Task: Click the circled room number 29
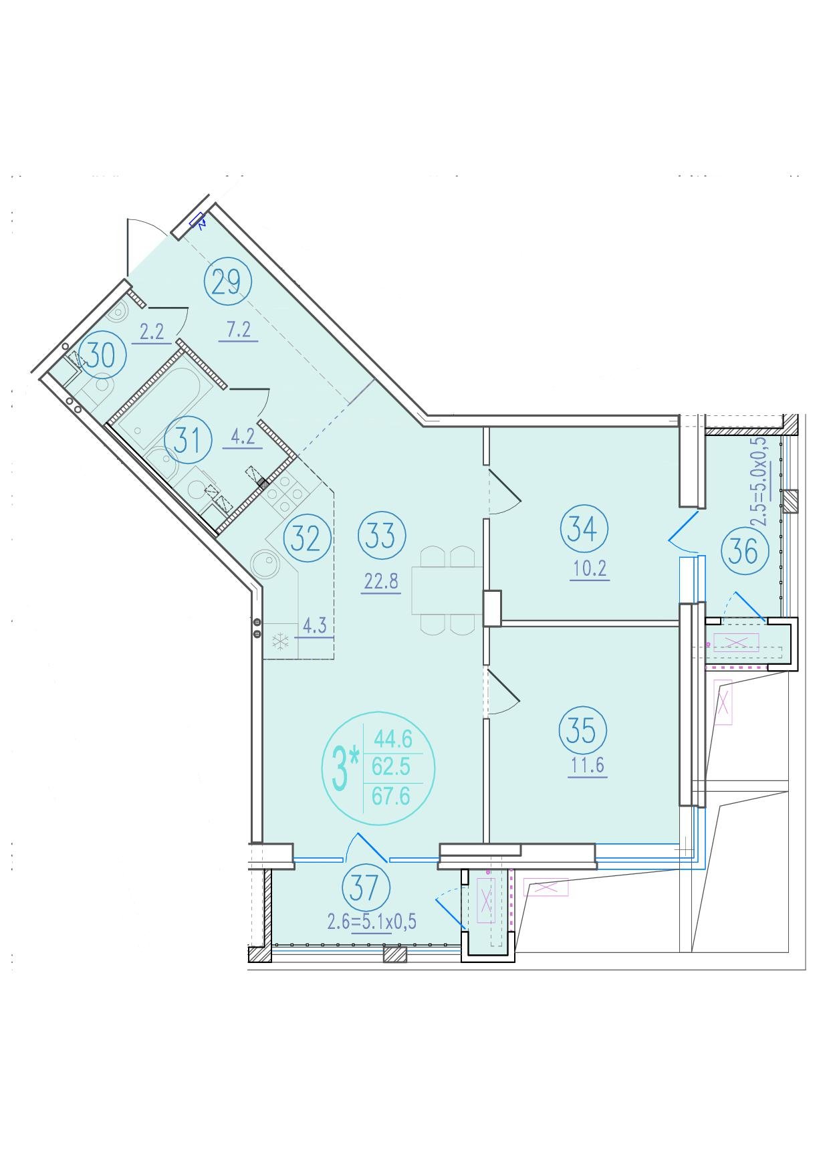coord(227,283)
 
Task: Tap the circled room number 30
coord(102,355)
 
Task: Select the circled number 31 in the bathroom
coord(189,441)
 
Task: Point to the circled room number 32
coord(307,538)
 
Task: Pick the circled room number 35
coord(582,730)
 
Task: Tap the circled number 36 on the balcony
coord(745,552)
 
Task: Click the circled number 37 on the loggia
coord(366,887)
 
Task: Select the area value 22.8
coord(381,581)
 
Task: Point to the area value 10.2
coord(590,569)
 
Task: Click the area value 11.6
coord(587,764)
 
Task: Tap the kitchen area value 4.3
coord(314,626)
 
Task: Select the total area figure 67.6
coord(391,796)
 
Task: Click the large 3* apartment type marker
coord(345,768)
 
